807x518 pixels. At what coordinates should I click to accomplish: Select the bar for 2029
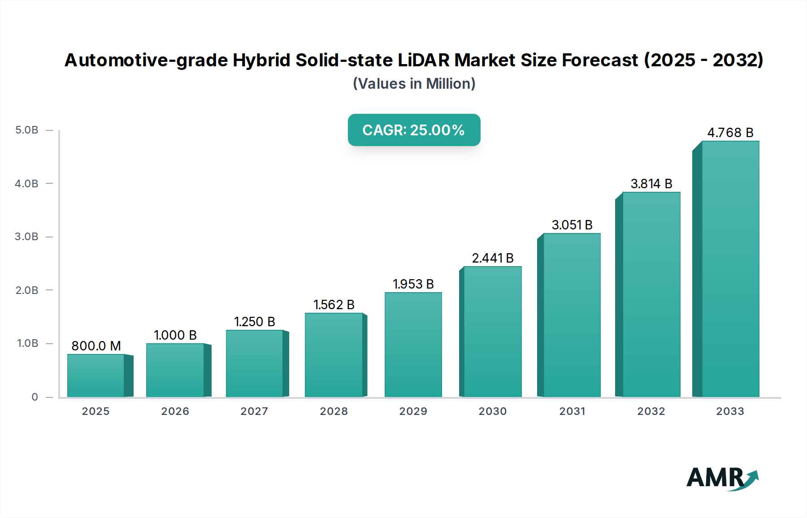point(413,345)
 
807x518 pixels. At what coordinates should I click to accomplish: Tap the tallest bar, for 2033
point(730,269)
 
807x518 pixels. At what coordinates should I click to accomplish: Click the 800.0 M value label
point(96,346)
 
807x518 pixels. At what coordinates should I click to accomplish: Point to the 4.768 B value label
point(730,133)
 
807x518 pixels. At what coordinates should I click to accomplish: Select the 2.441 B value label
point(493,258)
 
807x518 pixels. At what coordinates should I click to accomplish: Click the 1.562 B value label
point(334,305)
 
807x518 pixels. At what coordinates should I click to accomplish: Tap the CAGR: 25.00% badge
point(414,130)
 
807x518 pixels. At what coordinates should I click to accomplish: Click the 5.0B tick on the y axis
point(27,130)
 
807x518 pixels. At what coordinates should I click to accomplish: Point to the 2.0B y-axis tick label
point(27,290)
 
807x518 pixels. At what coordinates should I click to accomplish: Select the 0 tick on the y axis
point(35,397)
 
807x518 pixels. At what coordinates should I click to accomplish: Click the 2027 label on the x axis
point(254,411)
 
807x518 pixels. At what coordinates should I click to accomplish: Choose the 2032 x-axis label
point(651,411)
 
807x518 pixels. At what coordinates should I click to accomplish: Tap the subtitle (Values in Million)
point(414,84)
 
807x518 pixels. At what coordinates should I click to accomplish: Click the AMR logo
point(722,479)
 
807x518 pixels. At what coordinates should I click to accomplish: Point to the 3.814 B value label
point(651,184)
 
